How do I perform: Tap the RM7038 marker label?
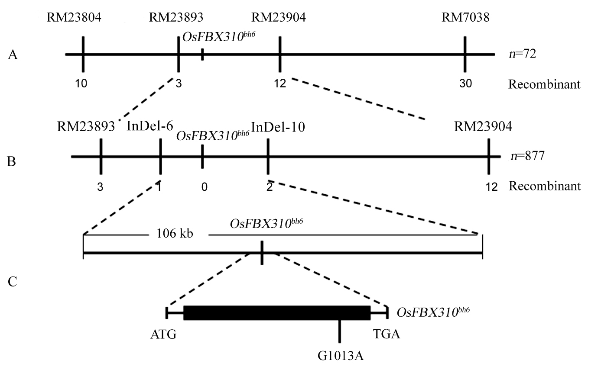pos(465,18)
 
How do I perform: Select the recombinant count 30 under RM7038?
pos(465,84)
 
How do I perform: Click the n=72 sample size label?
pos(523,55)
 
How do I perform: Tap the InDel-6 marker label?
pos(150,126)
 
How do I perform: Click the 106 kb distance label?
pos(176,234)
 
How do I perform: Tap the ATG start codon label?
pos(163,335)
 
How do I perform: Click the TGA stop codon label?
pos(386,335)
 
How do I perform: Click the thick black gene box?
pos(277,313)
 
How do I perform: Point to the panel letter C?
pos(13,282)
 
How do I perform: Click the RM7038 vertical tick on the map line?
pos(465,55)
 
